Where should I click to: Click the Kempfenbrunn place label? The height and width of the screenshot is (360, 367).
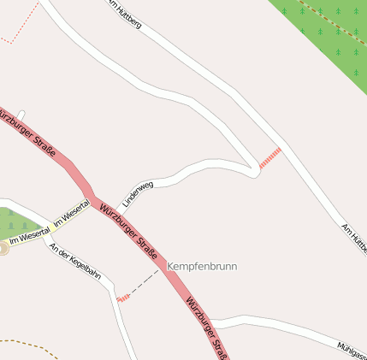tap(203, 267)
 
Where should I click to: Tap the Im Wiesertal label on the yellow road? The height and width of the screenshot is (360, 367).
tap(71, 213)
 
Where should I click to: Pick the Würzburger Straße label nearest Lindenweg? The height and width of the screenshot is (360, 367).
tap(128, 231)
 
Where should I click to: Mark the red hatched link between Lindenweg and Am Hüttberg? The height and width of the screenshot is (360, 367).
tap(269, 157)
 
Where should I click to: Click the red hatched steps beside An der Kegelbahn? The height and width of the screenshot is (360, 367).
tap(123, 298)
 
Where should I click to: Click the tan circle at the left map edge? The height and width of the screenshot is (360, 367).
tap(3, 248)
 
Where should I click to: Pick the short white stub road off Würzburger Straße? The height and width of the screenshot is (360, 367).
tap(21, 114)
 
